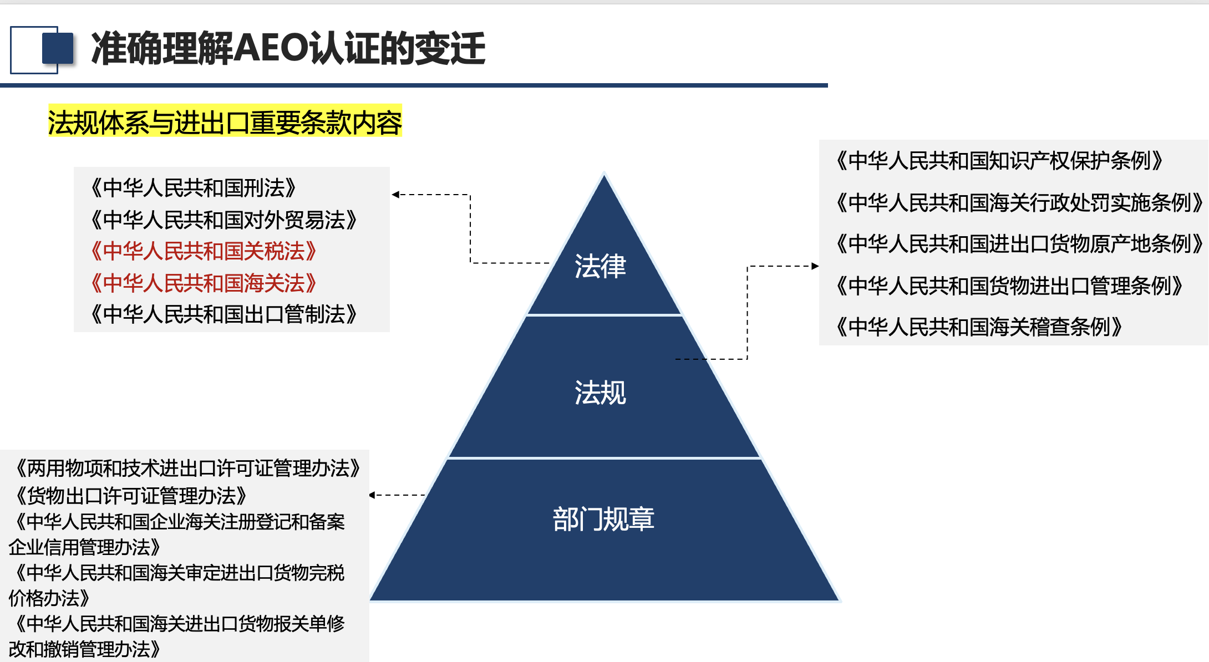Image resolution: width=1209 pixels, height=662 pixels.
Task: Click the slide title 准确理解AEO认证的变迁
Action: point(288,49)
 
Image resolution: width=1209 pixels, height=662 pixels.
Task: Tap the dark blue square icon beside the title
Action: point(58,48)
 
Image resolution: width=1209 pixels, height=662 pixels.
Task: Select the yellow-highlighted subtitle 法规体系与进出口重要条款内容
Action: point(225,122)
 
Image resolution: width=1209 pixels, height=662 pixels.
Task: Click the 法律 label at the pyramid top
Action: point(600,266)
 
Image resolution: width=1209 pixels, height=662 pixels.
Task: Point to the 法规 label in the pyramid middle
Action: point(600,393)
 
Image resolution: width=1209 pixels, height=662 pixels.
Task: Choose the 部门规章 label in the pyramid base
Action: point(603,520)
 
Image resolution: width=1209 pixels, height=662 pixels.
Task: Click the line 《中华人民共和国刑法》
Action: point(193,188)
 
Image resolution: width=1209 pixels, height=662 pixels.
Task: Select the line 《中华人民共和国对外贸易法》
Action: point(223,220)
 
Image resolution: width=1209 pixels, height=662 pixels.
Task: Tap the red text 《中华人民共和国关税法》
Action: point(203,251)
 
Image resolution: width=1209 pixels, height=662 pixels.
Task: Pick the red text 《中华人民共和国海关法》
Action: point(203,283)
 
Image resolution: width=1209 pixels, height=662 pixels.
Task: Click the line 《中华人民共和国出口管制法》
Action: point(223,314)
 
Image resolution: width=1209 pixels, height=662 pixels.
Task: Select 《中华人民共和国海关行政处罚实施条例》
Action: point(1019,202)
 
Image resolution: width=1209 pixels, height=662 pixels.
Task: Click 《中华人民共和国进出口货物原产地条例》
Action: point(1019,244)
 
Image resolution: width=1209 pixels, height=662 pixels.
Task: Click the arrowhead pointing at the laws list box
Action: point(395,195)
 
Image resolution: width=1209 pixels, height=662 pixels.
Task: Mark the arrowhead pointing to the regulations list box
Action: point(815,266)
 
